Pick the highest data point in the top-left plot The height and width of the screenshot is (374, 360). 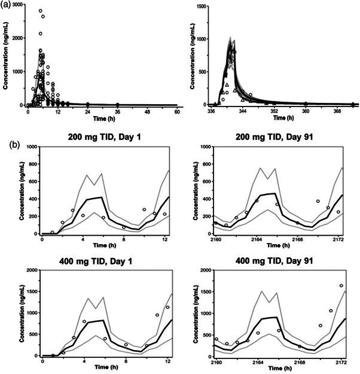pos(40,11)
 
